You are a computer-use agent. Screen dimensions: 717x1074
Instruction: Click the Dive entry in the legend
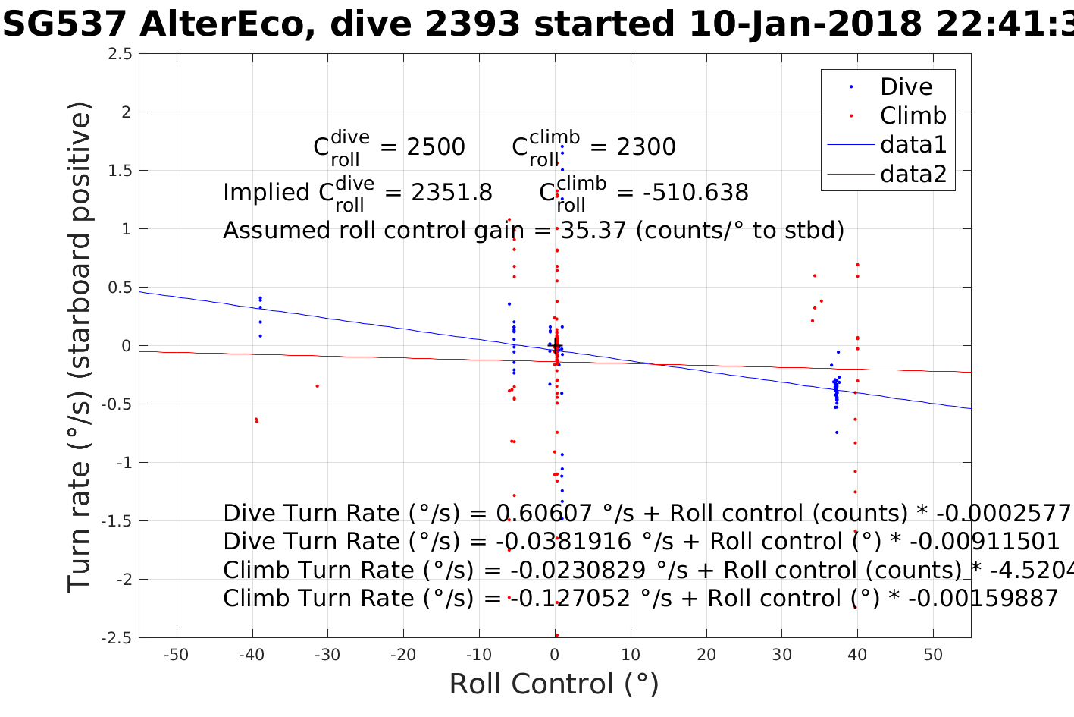tap(906, 86)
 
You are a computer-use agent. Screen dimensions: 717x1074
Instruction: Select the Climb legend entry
tap(913, 115)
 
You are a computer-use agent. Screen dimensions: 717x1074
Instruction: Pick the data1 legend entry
tap(913, 144)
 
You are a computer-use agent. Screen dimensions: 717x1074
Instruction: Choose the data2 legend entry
tap(913, 174)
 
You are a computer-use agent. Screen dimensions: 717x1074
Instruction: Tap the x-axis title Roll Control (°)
tap(554, 684)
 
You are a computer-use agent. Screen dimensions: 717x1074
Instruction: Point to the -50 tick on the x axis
tap(176, 655)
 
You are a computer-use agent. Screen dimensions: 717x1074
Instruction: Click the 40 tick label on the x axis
tap(857, 655)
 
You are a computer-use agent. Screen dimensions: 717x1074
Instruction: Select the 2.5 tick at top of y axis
tap(119, 54)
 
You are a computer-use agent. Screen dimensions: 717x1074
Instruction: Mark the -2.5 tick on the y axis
tap(116, 638)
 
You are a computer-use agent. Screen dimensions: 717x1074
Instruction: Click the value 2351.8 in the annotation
tap(451, 193)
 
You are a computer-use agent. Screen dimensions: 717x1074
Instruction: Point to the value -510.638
tap(696, 193)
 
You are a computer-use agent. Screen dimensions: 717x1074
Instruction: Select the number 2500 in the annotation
tap(436, 147)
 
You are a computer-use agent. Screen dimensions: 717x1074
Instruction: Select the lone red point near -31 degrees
tap(317, 386)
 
